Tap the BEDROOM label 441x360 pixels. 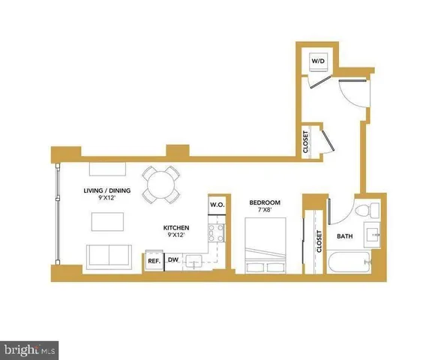[264, 203]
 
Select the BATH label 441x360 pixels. [344, 237]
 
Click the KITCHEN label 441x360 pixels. [177, 227]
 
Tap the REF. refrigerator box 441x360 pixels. [153, 261]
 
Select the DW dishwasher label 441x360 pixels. [172, 260]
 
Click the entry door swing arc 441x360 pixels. [351, 97]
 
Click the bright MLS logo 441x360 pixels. [30, 349]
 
